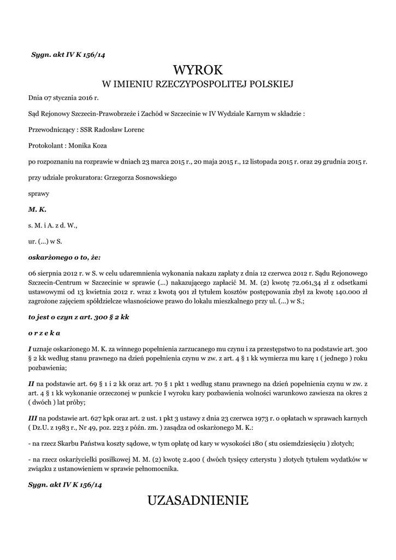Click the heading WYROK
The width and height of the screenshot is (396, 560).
(x=198, y=69)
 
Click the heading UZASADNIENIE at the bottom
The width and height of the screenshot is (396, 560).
(x=198, y=500)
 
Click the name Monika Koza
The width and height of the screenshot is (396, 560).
(x=88, y=145)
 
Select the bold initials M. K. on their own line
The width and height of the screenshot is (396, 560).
(x=37, y=209)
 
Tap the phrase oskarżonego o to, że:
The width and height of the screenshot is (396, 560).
(x=64, y=256)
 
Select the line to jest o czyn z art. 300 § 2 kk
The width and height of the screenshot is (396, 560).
(x=79, y=317)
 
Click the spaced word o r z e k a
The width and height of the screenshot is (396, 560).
(x=44, y=332)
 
